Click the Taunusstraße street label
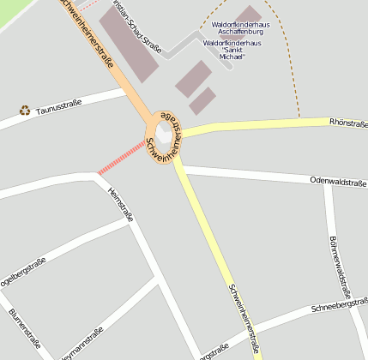59,107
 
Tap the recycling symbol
24,110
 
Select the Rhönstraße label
347,123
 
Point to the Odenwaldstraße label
338,182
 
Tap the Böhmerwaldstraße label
339,261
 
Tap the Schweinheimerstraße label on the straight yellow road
244,317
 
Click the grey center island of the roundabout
164,132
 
